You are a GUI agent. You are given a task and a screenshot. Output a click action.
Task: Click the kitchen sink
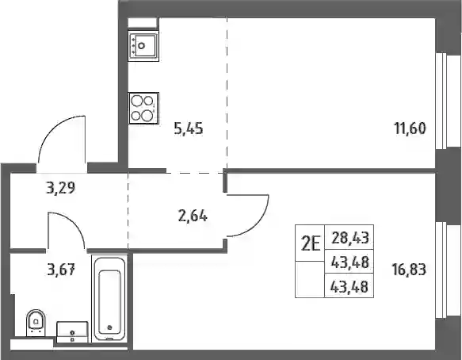click(143, 46)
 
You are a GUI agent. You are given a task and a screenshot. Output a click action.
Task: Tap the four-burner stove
click(143, 108)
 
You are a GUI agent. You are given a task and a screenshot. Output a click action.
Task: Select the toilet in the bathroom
click(36, 323)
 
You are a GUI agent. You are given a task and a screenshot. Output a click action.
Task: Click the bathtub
click(109, 298)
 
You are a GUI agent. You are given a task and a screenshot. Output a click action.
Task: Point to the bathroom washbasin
click(72, 332)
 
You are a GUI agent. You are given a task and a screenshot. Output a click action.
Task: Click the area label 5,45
click(189, 128)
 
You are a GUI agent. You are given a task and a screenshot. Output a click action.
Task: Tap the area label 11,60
click(410, 128)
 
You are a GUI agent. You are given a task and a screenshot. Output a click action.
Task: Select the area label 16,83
click(409, 270)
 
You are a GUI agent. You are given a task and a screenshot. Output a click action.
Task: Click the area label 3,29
click(61, 188)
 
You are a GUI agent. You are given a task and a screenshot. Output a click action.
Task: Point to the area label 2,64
click(193, 216)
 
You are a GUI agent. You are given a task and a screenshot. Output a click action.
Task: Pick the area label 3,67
click(61, 270)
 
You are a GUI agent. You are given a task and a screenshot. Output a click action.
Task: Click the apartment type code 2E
click(311, 244)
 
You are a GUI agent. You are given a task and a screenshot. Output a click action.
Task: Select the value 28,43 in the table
click(350, 238)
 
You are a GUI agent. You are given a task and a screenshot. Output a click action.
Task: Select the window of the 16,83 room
click(442, 270)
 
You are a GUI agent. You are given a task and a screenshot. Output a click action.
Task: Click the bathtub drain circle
click(109, 327)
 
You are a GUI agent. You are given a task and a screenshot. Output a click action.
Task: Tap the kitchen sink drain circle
click(142, 46)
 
